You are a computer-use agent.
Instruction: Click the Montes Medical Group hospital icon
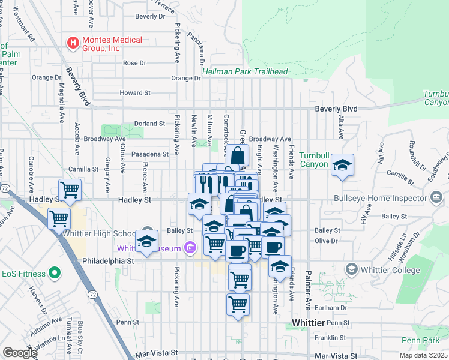coord(73,43)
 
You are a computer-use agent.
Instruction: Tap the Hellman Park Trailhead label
coord(245,71)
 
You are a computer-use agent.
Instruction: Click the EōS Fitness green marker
coord(54,274)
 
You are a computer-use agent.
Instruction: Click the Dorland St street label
coord(150,124)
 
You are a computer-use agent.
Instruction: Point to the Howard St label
coord(134,93)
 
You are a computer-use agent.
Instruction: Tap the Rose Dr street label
coord(134,63)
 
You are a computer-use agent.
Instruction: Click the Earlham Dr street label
coord(331,307)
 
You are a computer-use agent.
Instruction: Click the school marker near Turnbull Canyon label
coord(342,165)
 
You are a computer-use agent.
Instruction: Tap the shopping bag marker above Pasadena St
coord(238,155)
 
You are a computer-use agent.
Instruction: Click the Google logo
coord(19,353)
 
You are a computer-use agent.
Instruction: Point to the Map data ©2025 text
coord(423,355)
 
